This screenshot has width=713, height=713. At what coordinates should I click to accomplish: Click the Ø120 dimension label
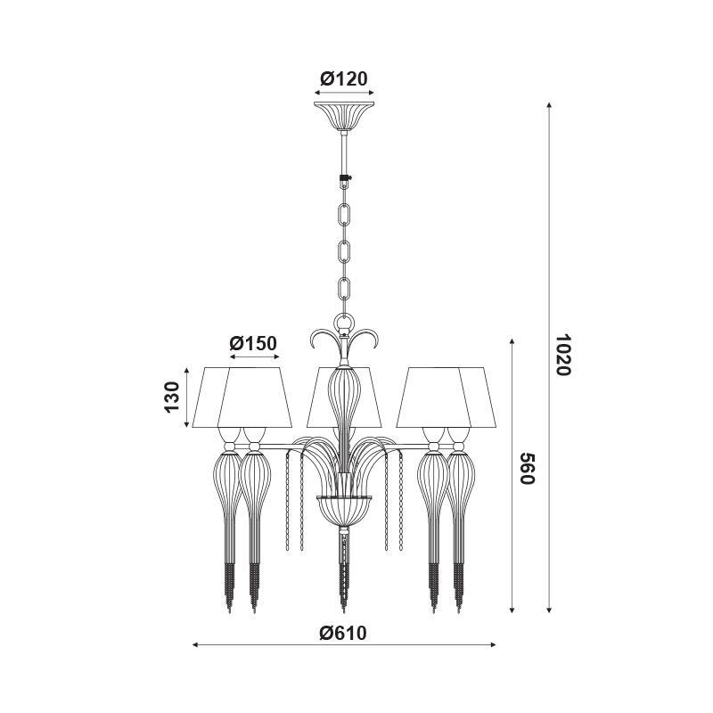343,78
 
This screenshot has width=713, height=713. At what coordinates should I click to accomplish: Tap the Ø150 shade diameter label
253,343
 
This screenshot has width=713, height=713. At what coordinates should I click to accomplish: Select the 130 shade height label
172,397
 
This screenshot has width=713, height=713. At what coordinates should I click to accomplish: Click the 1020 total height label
563,355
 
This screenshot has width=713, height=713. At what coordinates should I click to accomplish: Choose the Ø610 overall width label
343,633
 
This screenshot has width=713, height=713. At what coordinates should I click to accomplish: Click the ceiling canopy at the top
344,116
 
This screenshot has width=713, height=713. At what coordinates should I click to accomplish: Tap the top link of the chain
345,214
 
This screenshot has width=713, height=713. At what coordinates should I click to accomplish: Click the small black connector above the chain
345,181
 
